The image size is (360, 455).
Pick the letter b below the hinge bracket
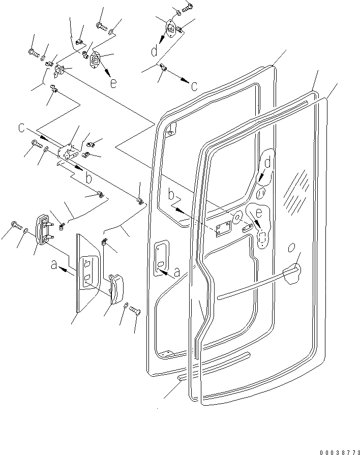click(x=88, y=177)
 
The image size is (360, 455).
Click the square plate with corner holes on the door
click(x=222, y=230)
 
